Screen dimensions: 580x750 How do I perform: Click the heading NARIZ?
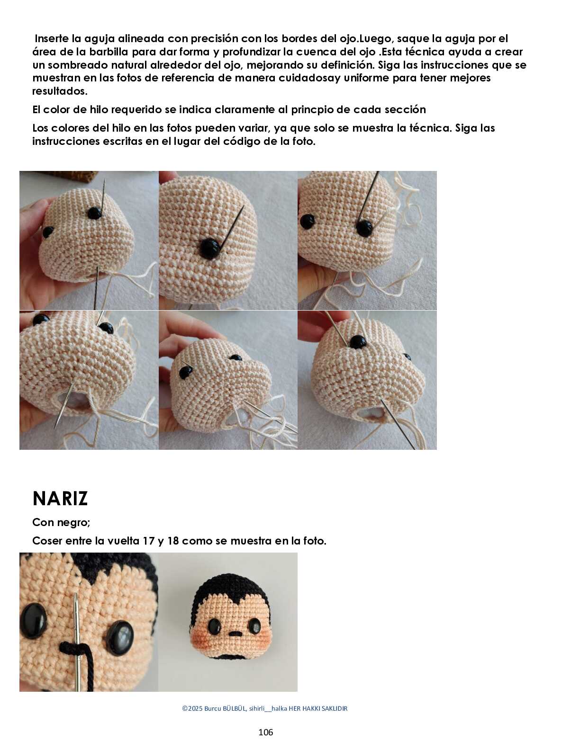(x=60, y=499)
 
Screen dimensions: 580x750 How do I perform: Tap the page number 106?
(x=266, y=732)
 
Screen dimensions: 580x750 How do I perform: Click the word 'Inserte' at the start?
(x=52, y=38)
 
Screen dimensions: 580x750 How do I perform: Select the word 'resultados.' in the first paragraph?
(x=60, y=91)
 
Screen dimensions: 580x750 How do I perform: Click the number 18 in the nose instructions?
(x=173, y=541)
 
